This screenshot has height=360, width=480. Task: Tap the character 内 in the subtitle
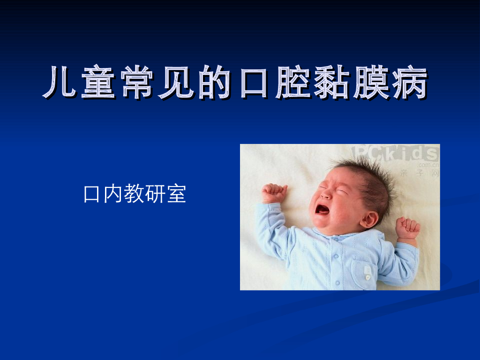pyautogui.click(x=113, y=194)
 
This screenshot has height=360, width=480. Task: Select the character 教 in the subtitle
pyautogui.click(x=134, y=194)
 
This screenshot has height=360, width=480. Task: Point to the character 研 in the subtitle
pyautogui.click(x=155, y=194)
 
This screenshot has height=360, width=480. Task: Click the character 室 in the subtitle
pyautogui.click(x=176, y=194)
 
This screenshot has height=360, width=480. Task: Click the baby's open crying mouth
pyautogui.click(x=322, y=210)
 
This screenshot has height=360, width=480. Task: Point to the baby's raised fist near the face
pyautogui.click(x=274, y=193)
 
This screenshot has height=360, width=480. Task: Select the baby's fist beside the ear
pyautogui.click(x=407, y=228)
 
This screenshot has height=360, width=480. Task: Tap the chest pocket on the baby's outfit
pyautogui.click(x=364, y=273)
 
